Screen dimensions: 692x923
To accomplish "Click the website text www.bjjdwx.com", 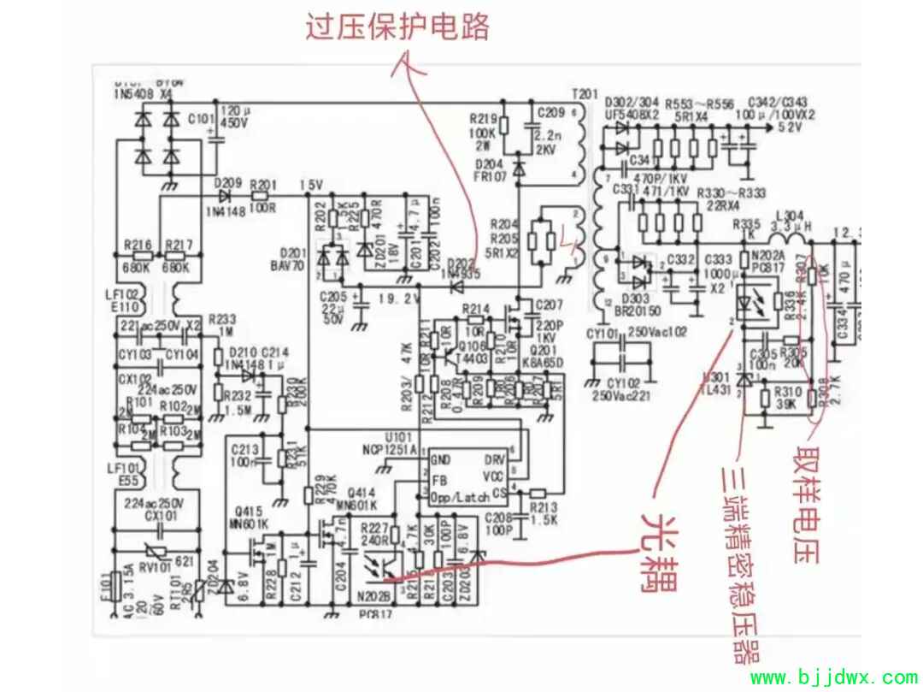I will (x=833, y=679).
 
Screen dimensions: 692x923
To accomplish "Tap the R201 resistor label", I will (x=264, y=184).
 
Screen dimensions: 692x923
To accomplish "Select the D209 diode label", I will (x=228, y=183).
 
